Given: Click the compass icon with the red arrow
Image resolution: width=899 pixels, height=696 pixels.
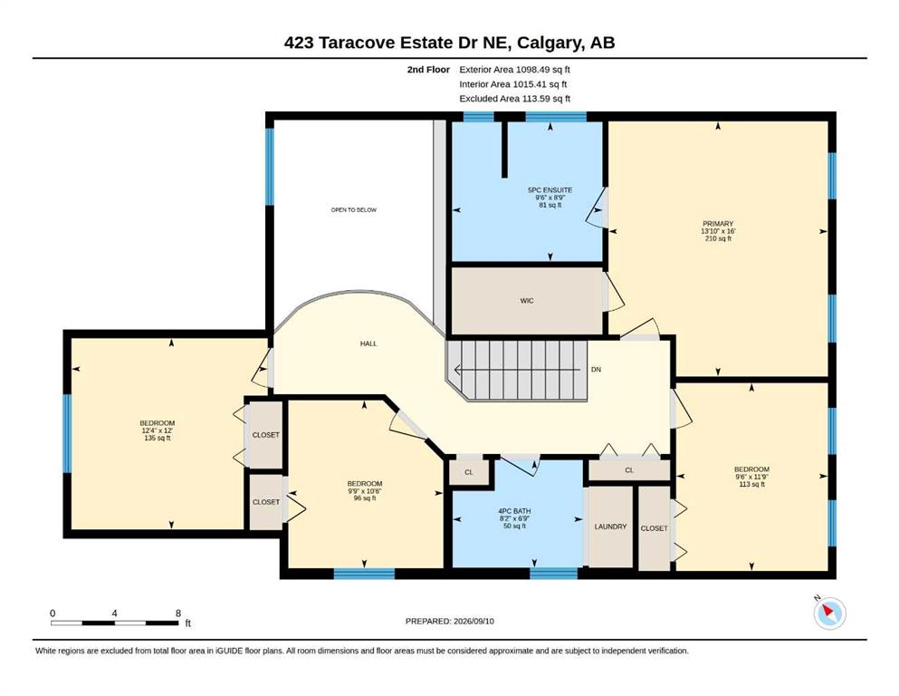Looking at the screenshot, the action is point(829,613).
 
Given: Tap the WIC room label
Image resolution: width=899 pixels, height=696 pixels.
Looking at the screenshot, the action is point(527,301).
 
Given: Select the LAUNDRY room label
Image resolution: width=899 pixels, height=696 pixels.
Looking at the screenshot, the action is point(610,527).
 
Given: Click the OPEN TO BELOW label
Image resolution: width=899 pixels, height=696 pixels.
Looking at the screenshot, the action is point(354,210).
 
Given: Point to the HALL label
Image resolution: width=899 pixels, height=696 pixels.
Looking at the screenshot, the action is point(368,343).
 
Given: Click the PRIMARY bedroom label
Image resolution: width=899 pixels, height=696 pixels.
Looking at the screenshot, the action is point(718,224).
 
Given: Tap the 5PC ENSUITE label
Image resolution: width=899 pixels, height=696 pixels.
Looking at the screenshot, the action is point(550,190).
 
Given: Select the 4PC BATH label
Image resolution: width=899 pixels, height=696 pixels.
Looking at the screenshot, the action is point(514,511).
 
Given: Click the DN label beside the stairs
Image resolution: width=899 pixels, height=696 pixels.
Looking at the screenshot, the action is point(597,370).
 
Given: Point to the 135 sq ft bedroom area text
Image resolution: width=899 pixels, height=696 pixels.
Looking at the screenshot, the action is point(158,438).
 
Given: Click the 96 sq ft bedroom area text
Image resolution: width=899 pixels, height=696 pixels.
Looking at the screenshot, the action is point(365,498).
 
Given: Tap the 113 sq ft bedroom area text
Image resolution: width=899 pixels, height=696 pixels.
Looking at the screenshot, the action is point(751,484).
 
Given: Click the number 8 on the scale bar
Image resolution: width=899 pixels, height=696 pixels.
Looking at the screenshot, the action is point(178,613).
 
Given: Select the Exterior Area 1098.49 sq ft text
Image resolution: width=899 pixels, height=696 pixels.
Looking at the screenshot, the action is point(514,70).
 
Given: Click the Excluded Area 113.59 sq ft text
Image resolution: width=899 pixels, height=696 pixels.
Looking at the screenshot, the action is point(515,99).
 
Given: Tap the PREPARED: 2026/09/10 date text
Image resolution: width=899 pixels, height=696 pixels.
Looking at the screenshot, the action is point(449,621).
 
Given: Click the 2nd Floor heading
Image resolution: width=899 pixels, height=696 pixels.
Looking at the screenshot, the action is point(428,70).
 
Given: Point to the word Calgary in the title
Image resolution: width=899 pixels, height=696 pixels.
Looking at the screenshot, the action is point(555,43).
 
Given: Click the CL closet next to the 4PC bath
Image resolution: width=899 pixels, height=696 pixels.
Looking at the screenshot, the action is point(469,472).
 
